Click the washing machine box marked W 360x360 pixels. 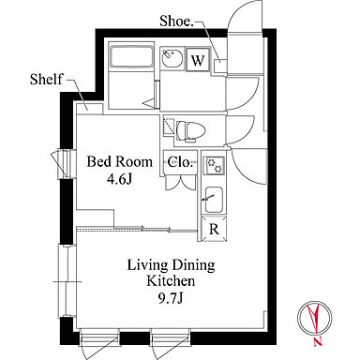[198, 60]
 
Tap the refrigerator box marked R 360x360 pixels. [214, 229]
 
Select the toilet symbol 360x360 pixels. [190, 130]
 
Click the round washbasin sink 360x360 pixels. [172, 58]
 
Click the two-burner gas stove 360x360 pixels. [214, 166]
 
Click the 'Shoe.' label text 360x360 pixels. [175, 21]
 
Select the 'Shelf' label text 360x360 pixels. [46, 79]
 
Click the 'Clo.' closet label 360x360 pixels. [179, 162]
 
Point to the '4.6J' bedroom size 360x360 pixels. [120, 179]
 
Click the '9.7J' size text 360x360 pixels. [171, 298]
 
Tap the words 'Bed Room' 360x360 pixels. [120, 162]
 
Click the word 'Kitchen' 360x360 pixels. [171, 281]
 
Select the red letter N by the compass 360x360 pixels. [318, 342]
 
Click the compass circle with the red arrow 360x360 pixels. [315, 317]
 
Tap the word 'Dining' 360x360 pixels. [194, 265]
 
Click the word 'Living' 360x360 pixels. [147, 265]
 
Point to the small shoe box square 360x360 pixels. [219, 66]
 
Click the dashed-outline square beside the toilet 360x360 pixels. [168, 127]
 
